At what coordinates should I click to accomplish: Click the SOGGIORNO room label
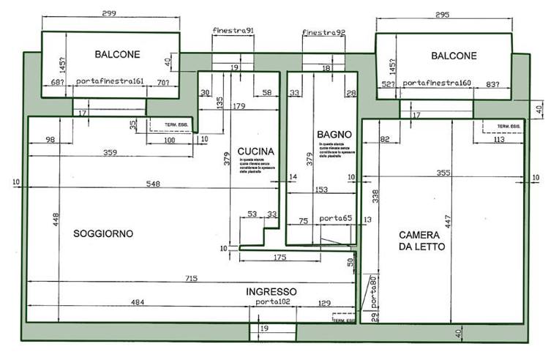point(103,234)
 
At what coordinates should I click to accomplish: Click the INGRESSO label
point(271,290)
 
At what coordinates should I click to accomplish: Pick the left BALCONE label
point(117,54)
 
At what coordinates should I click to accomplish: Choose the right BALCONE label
point(454,56)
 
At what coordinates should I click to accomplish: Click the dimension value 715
point(192,278)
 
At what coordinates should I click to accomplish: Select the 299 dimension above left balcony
point(110,14)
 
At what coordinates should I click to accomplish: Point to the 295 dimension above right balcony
point(442,14)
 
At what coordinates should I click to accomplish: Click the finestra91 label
point(233,31)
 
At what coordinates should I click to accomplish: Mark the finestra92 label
point(323,32)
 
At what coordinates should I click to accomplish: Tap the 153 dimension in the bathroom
point(321,190)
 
